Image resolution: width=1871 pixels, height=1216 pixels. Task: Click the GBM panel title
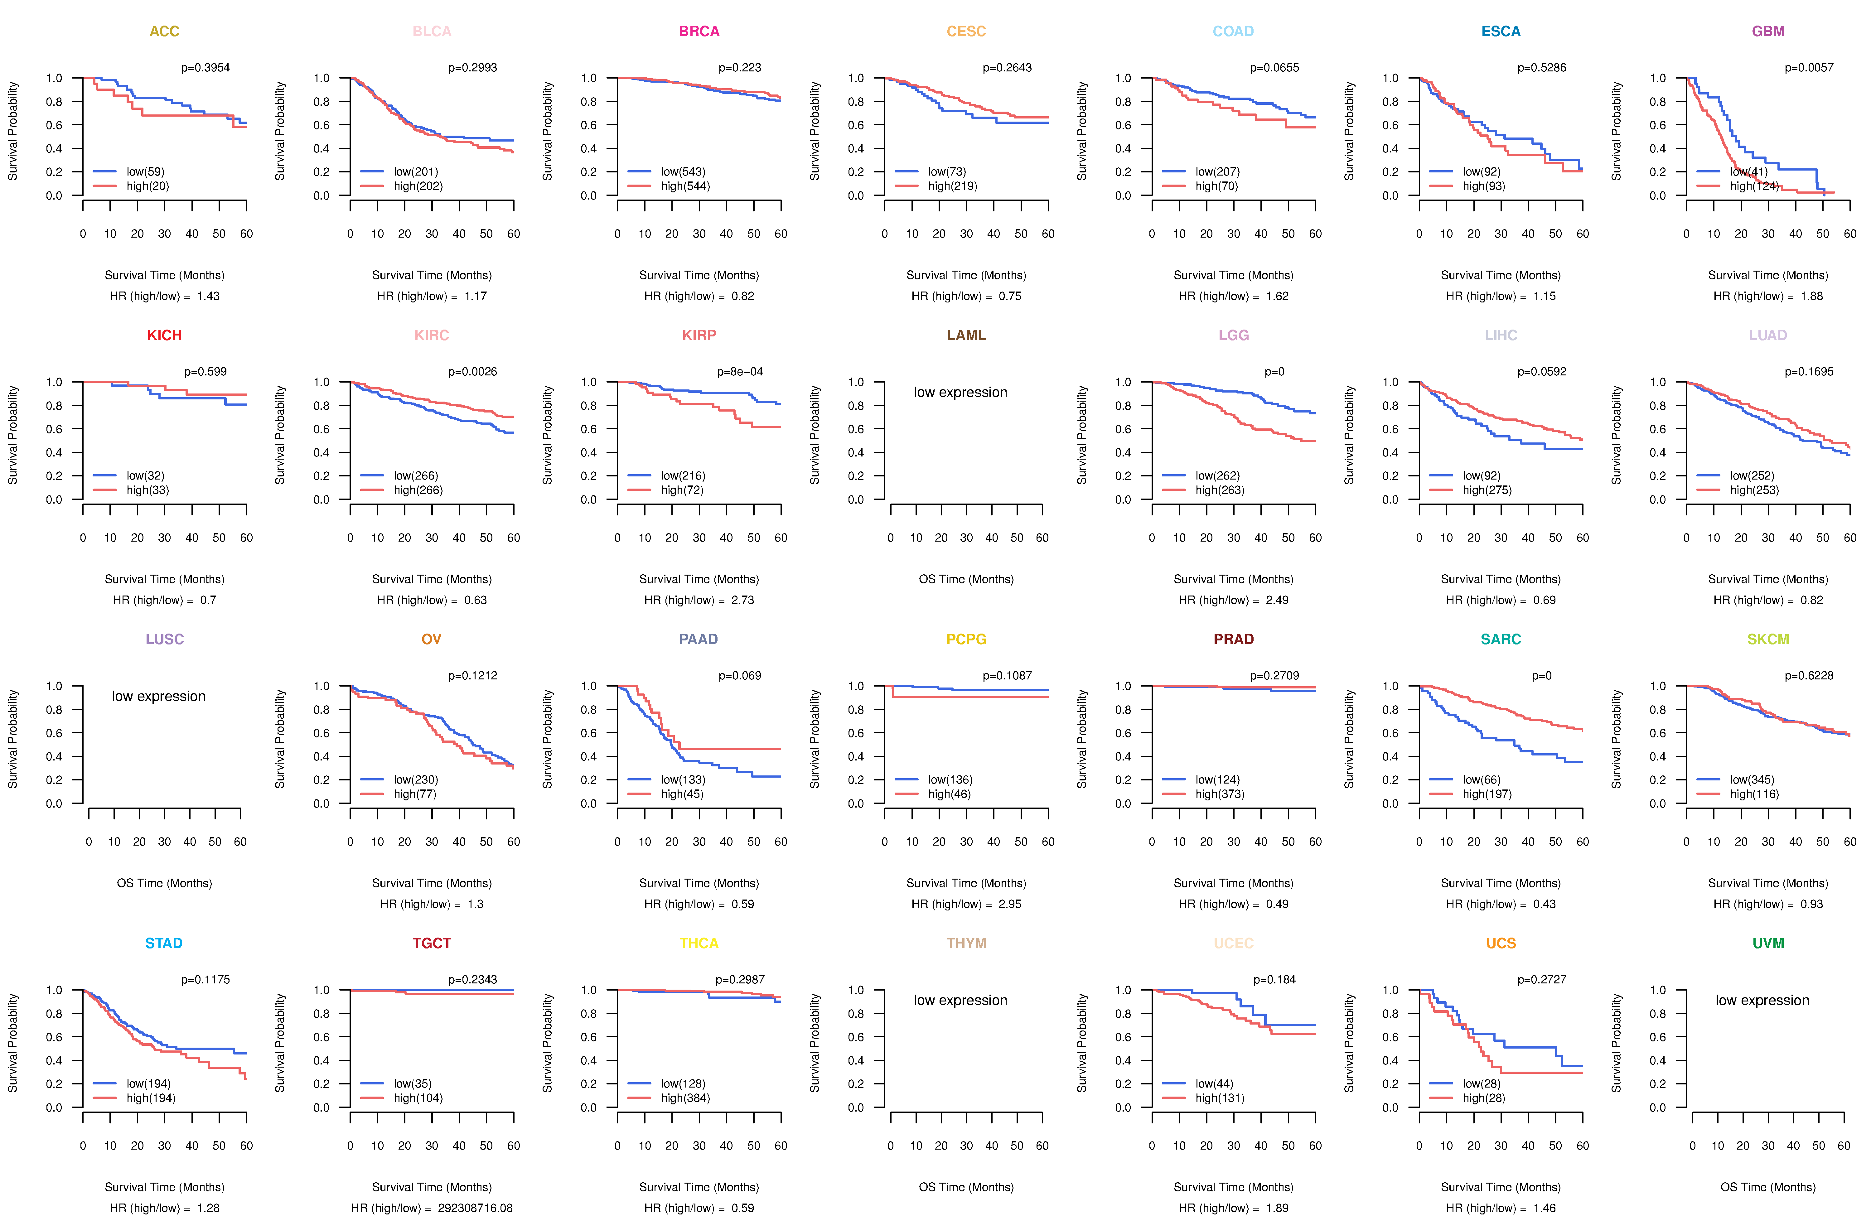click(1768, 31)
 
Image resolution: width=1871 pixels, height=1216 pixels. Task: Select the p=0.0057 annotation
click(1809, 68)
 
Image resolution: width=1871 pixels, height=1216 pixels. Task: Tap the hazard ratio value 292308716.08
click(475, 1208)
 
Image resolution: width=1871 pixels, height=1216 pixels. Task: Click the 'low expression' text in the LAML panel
click(960, 392)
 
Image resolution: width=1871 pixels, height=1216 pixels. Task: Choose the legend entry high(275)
click(1487, 490)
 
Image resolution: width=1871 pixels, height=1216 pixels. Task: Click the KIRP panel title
click(699, 335)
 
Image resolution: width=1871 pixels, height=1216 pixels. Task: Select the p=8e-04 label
click(740, 372)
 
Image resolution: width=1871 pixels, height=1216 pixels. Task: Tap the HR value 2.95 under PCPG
click(1010, 904)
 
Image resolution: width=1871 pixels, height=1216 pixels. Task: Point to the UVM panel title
click(1768, 943)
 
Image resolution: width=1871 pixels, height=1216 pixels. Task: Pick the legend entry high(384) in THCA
click(685, 1098)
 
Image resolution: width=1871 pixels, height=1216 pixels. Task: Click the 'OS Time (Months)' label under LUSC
click(164, 884)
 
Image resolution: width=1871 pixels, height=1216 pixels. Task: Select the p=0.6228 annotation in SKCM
click(1809, 676)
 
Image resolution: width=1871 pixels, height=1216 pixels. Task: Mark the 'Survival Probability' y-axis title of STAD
click(12, 1043)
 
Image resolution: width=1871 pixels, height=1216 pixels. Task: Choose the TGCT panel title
click(432, 943)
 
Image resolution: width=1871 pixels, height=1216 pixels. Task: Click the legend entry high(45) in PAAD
click(682, 794)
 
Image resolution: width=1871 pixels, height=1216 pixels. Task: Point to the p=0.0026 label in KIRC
click(472, 372)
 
